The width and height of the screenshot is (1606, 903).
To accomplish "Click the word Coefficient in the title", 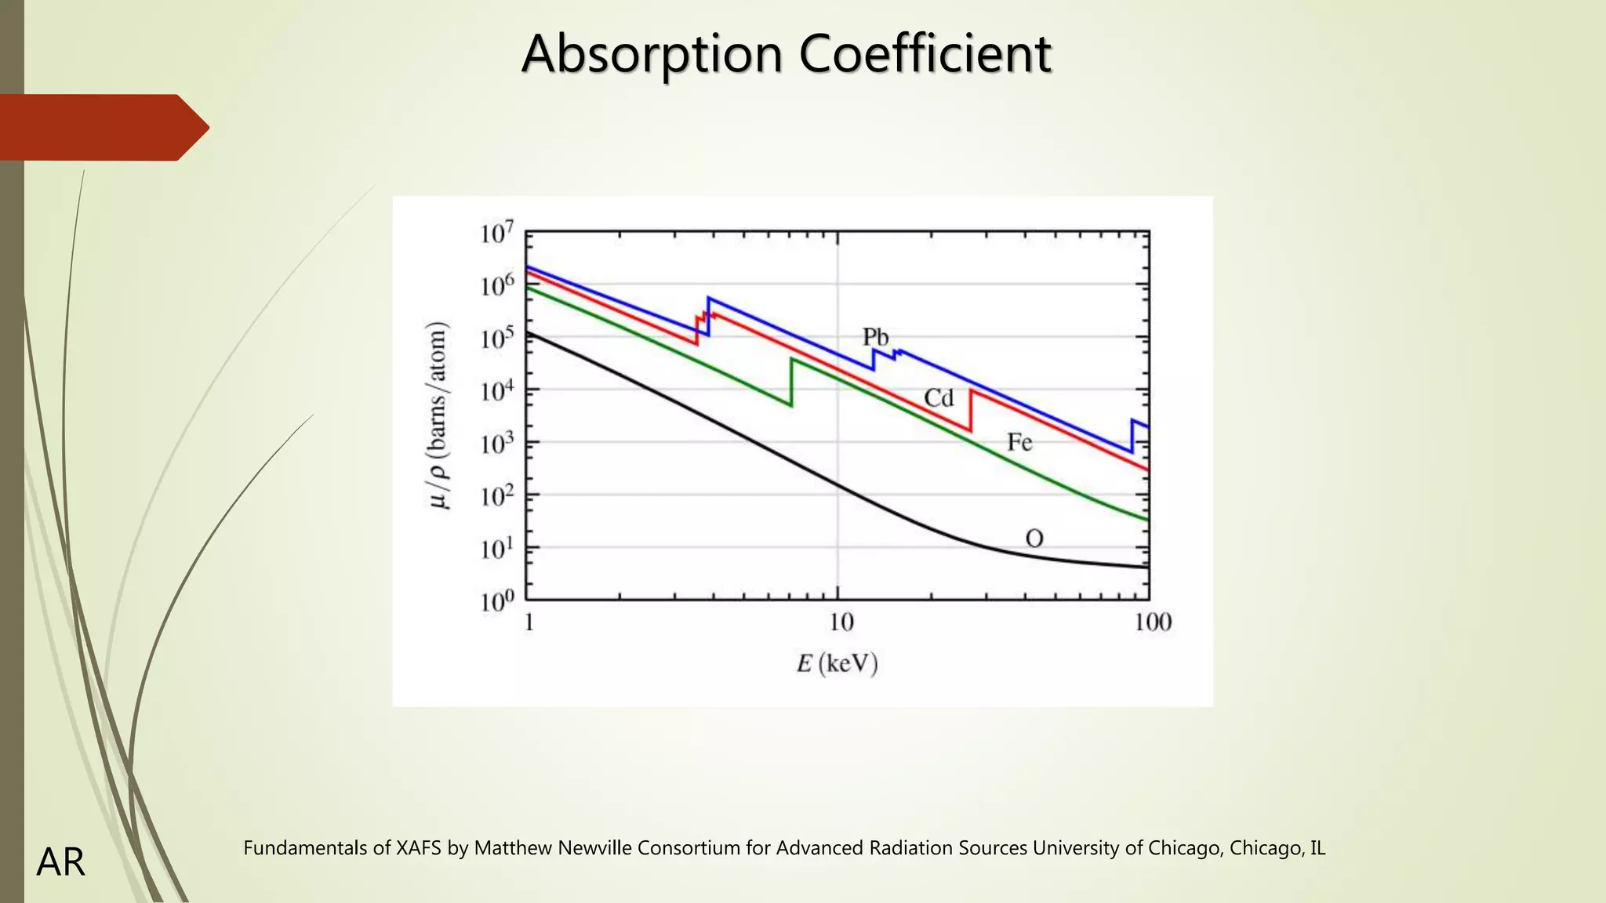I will (925, 54).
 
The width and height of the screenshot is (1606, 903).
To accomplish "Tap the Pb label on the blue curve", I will (875, 337).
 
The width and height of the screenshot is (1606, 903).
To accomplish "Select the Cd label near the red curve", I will (939, 398).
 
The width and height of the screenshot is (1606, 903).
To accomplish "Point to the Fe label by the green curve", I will (1019, 443).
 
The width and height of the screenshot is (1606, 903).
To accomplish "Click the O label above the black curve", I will (1034, 539).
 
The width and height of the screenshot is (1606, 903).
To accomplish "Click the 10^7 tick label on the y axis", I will (497, 233).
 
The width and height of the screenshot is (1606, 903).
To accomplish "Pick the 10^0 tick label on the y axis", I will (497, 601).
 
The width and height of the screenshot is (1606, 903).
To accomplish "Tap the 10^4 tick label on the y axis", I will (497, 390).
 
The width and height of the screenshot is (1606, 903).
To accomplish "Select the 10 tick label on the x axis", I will (841, 622).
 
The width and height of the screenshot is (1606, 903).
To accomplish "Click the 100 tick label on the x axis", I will (1153, 622).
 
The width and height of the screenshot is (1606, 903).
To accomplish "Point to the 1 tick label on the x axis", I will (529, 622).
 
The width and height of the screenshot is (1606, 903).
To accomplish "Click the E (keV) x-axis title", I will (838, 664).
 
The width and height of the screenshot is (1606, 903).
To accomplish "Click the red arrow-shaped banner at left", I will (102, 128).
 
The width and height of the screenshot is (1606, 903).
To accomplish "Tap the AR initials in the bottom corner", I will (60, 862).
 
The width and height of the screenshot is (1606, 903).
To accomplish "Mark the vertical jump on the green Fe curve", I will (791, 383).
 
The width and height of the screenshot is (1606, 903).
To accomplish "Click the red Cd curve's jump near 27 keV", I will (971, 410).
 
